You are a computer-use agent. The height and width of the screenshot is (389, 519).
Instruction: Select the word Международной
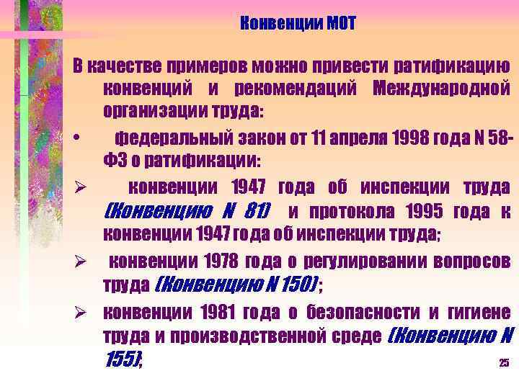441,90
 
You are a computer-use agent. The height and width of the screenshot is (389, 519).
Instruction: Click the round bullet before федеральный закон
85,137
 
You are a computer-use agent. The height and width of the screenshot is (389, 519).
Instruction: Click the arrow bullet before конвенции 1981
84,313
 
